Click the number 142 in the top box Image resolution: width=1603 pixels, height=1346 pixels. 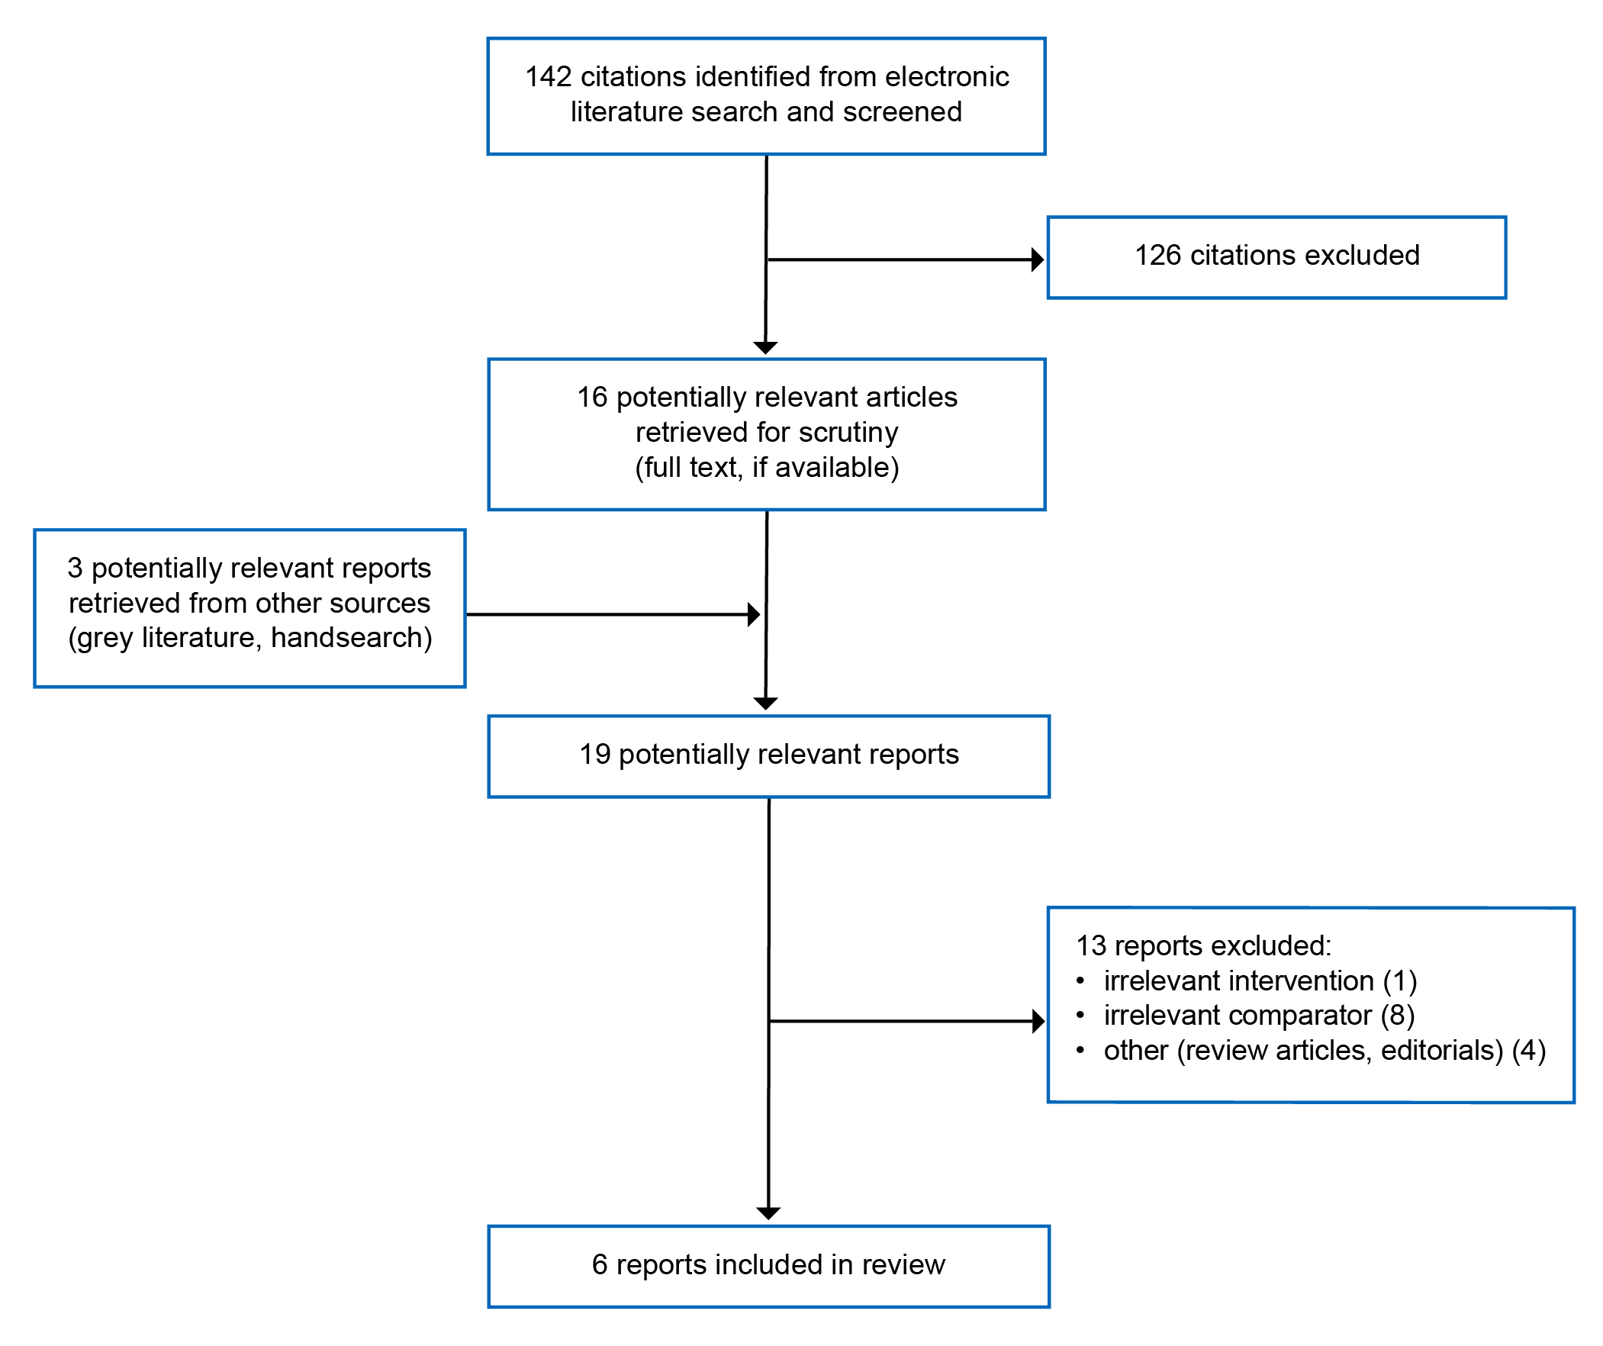[x=547, y=77]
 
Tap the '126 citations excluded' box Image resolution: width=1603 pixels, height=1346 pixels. [x=1276, y=257]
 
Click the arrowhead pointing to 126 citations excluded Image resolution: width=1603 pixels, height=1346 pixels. [x=1037, y=259]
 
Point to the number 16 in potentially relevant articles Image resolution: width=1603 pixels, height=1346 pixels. [x=592, y=398]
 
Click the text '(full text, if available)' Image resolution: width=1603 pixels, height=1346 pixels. [x=766, y=467]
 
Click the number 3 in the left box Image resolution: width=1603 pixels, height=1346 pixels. [x=75, y=568]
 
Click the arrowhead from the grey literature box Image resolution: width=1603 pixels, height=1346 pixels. [x=753, y=613]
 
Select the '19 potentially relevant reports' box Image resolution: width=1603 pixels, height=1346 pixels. [x=768, y=756]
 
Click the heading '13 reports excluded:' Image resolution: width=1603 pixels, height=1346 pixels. [x=1203, y=946]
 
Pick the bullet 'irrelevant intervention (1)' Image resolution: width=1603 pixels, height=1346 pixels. [x=1260, y=981]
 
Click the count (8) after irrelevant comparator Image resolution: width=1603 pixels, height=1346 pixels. [x=1398, y=1016]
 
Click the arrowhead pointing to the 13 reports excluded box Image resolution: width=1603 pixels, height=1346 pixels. [x=1038, y=1021]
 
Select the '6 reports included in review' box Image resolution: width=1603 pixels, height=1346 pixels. [x=768, y=1265]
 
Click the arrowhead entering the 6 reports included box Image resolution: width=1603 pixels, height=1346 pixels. [x=768, y=1213]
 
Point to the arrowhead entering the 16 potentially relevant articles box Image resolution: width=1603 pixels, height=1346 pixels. [x=765, y=348]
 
